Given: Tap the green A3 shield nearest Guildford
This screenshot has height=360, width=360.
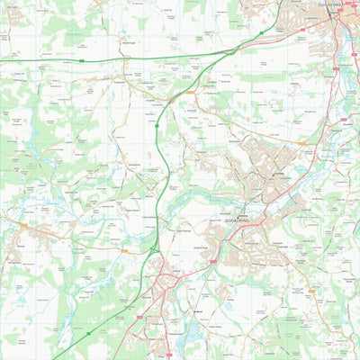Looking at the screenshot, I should tap(262, 33).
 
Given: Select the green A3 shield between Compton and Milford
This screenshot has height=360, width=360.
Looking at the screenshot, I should tap(157, 127).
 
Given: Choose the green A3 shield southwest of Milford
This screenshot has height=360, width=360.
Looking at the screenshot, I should tap(88, 333).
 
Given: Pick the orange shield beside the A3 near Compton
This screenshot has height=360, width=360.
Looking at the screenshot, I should tap(190, 93).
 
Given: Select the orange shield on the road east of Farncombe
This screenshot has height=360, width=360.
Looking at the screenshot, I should tap(302, 142).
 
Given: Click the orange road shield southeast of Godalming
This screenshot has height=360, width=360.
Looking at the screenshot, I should tap(310, 292).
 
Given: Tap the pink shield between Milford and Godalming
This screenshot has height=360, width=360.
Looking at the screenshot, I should tap(213, 261).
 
